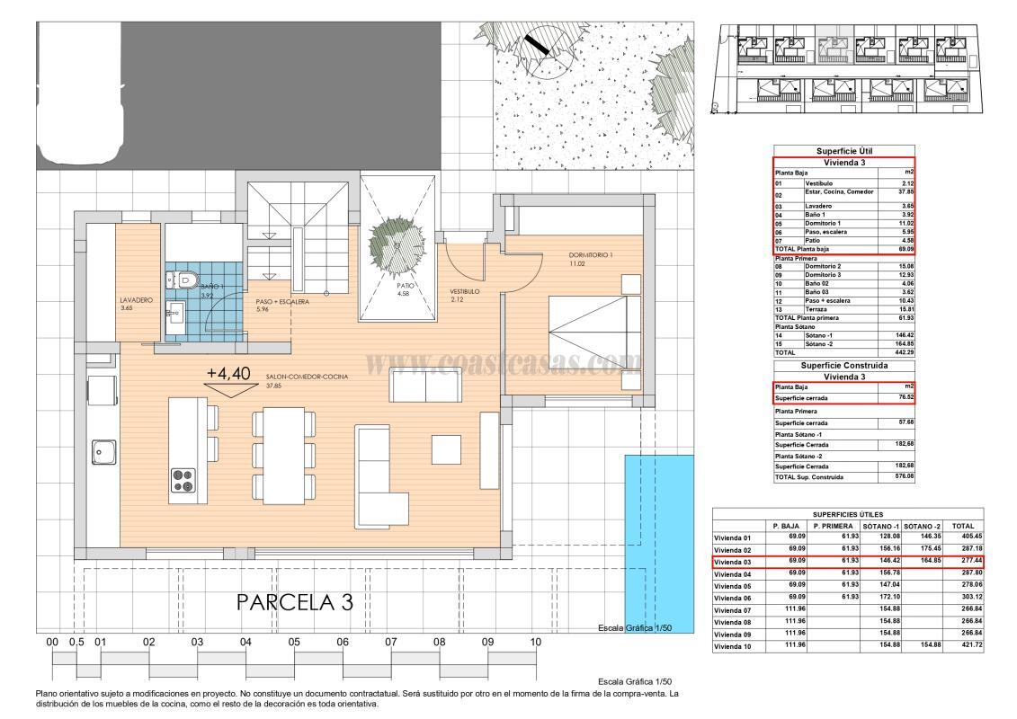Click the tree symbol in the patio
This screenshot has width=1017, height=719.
398,242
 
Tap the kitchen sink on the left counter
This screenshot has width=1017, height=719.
102,450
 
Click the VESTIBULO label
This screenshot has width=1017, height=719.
465,292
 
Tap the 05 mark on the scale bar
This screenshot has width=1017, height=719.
294,643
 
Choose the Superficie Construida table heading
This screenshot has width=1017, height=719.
843,367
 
